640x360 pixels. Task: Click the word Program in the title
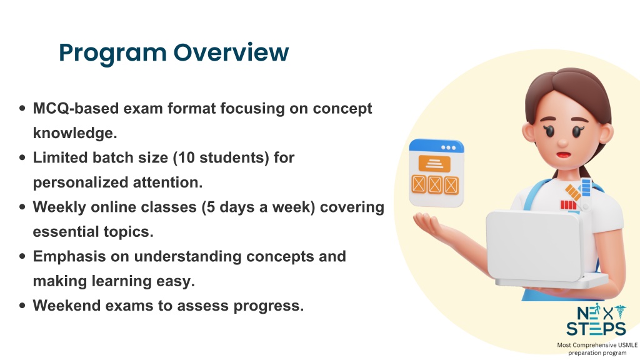(112, 54)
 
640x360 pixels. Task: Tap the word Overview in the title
(231, 52)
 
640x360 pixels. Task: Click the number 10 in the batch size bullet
(187, 157)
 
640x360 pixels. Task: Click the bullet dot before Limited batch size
(22, 157)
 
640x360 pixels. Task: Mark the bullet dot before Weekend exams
(22, 306)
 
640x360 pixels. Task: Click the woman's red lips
(564, 155)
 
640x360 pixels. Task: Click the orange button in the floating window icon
(434, 164)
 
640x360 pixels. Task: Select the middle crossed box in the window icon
(435, 185)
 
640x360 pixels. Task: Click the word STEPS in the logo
(596, 329)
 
